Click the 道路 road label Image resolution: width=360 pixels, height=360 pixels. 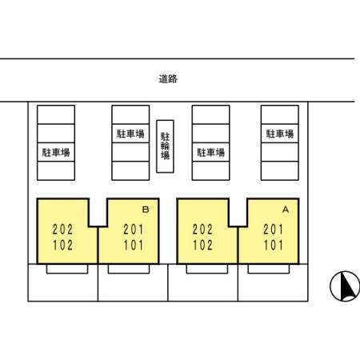[167, 79]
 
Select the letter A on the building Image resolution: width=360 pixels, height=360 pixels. [285, 210]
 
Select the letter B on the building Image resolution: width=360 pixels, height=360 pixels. [146, 210]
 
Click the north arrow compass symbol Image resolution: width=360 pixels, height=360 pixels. [344, 286]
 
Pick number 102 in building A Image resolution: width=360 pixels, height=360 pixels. [203, 245]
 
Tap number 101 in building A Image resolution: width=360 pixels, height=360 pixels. [273, 245]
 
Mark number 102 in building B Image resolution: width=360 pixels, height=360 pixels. [62, 245]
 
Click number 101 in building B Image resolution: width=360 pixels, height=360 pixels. [133, 245]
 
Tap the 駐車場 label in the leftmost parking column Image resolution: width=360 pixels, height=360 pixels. [55, 152]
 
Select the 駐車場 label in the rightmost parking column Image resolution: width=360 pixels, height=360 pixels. [280, 133]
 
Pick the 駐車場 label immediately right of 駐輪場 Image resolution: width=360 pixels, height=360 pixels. [210, 152]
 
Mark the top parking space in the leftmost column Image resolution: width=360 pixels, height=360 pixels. [55, 114]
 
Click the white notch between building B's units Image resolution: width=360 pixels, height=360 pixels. [98, 212]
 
